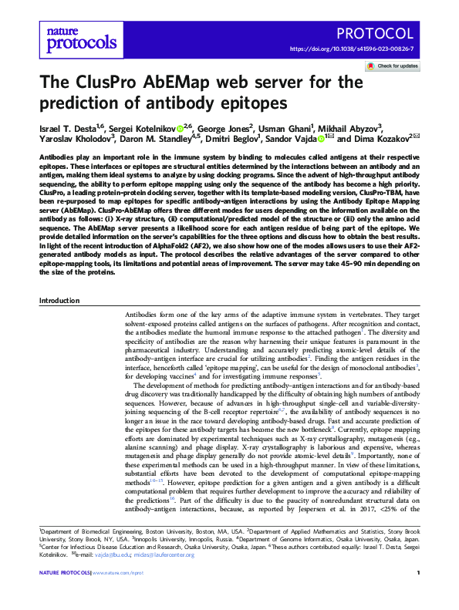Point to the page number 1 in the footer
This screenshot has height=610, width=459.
pyautogui.click(x=417, y=595)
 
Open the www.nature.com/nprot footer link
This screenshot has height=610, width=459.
pyautogui.click(x=118, y=595)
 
